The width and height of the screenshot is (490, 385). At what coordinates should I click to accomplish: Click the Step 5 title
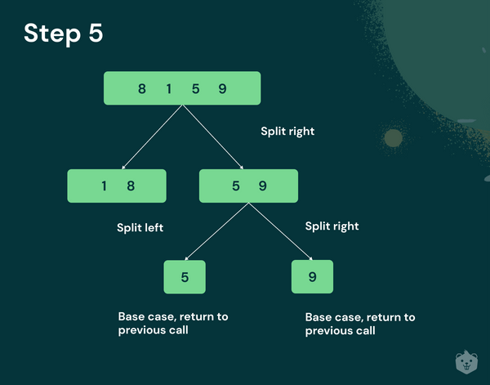click(x=64, y=34)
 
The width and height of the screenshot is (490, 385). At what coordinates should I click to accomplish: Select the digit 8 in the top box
click(x=142, y=89)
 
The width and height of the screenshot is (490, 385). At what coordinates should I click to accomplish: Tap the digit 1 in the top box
click(x=169, y=89)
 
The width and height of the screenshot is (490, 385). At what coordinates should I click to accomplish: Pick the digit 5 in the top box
click(x=196, y=89)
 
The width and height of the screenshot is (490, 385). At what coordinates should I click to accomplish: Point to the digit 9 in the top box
click(x=222, y=89)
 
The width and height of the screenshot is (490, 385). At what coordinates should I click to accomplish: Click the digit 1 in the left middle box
click(x=104, y=186)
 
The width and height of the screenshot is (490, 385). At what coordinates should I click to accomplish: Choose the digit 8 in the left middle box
click(x=131, y=186)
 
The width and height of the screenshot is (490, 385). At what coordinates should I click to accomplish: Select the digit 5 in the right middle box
click(x=236, y=186)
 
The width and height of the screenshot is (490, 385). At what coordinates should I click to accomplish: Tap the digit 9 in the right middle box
click(x=262, y=186)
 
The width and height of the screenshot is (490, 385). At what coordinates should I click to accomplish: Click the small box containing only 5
click(x=185, y=277)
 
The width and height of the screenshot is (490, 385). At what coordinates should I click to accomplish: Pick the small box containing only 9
click(x=312, y=276)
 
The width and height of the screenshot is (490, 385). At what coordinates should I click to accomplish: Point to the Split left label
click(x=140, y=227)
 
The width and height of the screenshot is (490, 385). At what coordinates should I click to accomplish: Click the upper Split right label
click(x=287, y=132)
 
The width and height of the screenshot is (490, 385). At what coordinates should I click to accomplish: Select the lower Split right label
click(x=332, y=226)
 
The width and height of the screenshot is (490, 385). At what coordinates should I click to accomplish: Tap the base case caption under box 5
click(x=173, y=324)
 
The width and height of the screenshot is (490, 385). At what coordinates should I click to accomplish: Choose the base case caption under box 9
click(x=360, y=324)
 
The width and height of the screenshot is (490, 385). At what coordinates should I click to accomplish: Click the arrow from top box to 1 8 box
click(x=152, y=137)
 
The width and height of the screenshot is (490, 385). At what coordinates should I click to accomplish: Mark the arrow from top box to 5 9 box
click(x=213, y=137)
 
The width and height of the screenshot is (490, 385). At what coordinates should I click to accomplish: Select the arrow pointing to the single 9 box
click(x=281, y=231)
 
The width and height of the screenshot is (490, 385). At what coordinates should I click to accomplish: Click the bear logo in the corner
click(x=466, y=362)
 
